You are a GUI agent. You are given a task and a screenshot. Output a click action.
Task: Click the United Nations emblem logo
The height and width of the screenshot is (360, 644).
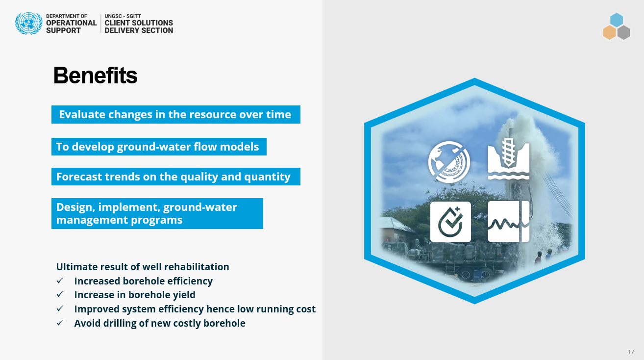[28, 24]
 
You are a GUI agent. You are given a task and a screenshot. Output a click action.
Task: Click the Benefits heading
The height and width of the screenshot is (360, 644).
[95, 76]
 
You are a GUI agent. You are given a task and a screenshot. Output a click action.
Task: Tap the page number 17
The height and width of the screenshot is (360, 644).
[631, 352]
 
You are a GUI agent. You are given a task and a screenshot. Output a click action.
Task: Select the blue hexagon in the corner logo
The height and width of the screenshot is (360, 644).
[617, 20]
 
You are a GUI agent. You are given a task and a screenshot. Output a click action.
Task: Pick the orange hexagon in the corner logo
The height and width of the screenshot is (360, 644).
[610, 32]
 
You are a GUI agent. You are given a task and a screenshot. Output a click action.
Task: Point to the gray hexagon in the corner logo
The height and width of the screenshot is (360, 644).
[623, 32]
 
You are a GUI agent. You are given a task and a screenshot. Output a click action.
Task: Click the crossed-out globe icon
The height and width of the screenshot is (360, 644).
[449, 162]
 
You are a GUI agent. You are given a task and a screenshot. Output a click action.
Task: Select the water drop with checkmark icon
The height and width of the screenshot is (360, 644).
[450, 222]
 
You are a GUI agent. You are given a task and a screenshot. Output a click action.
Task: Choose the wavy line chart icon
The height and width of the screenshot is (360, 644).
[508, 222]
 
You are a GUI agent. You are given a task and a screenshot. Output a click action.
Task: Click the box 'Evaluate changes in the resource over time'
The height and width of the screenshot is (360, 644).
[176, 115]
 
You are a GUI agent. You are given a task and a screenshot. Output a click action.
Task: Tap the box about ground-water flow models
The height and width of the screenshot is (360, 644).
[159, 147]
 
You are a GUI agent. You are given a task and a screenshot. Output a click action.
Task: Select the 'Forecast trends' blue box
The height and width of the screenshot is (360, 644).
[176, 177]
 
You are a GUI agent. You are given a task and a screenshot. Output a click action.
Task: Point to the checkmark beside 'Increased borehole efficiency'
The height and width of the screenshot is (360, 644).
[60, 281]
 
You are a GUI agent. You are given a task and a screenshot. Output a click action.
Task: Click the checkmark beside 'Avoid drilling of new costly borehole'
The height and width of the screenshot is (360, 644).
[60, 323]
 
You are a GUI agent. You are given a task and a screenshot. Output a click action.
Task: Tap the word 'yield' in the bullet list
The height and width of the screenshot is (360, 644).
[184, 295]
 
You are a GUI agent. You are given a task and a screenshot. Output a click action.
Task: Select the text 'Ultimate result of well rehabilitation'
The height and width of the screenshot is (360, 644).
[143, 267]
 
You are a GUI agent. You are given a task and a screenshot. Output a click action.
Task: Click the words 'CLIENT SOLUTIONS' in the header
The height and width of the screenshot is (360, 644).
[139, 23]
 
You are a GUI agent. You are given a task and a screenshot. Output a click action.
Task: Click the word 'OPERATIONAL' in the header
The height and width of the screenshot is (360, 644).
[71, 23]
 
